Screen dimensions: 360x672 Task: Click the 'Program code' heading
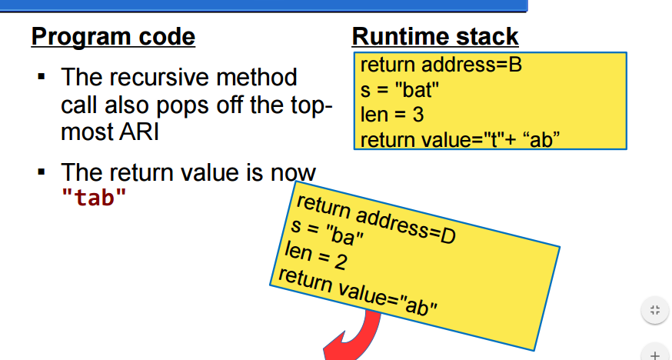pyautogui.click(x=113, y=36)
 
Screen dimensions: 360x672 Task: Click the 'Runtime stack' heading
pyautogui.click(x=435, y=36)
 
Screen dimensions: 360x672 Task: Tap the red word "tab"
pyautogui.click(x=93, y=197)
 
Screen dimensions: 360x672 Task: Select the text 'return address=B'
pyautogui.click(x=441, y=65)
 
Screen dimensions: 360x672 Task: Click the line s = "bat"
pyautogui.click(x=399, y=90)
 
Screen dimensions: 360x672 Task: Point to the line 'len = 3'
pyautogui.click(x=391, y=115)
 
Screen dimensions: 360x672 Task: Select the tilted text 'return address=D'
pyautogui.click(x=375, y=219)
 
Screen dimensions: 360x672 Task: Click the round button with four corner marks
pyautogui.click(x=654, y=311)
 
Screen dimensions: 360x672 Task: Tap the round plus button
pyautogui.click(x=654, y=355)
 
